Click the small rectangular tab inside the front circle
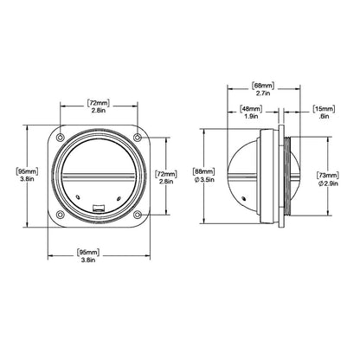point(99,205)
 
